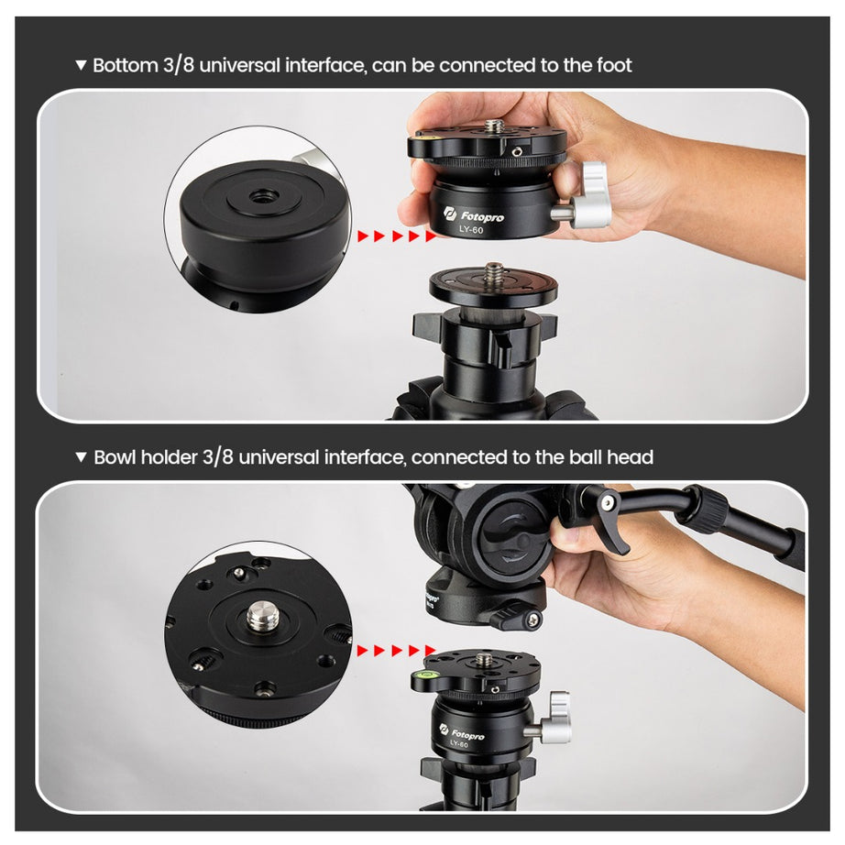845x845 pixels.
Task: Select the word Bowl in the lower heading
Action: click(115, 456)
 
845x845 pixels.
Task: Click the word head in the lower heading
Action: click(631, 456)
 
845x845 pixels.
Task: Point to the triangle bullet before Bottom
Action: click(82, 66)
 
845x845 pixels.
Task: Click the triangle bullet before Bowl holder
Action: click(82, 456)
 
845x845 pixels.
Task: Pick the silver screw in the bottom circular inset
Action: click(258, 620)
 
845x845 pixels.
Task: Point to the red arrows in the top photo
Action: click(397, 236)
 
